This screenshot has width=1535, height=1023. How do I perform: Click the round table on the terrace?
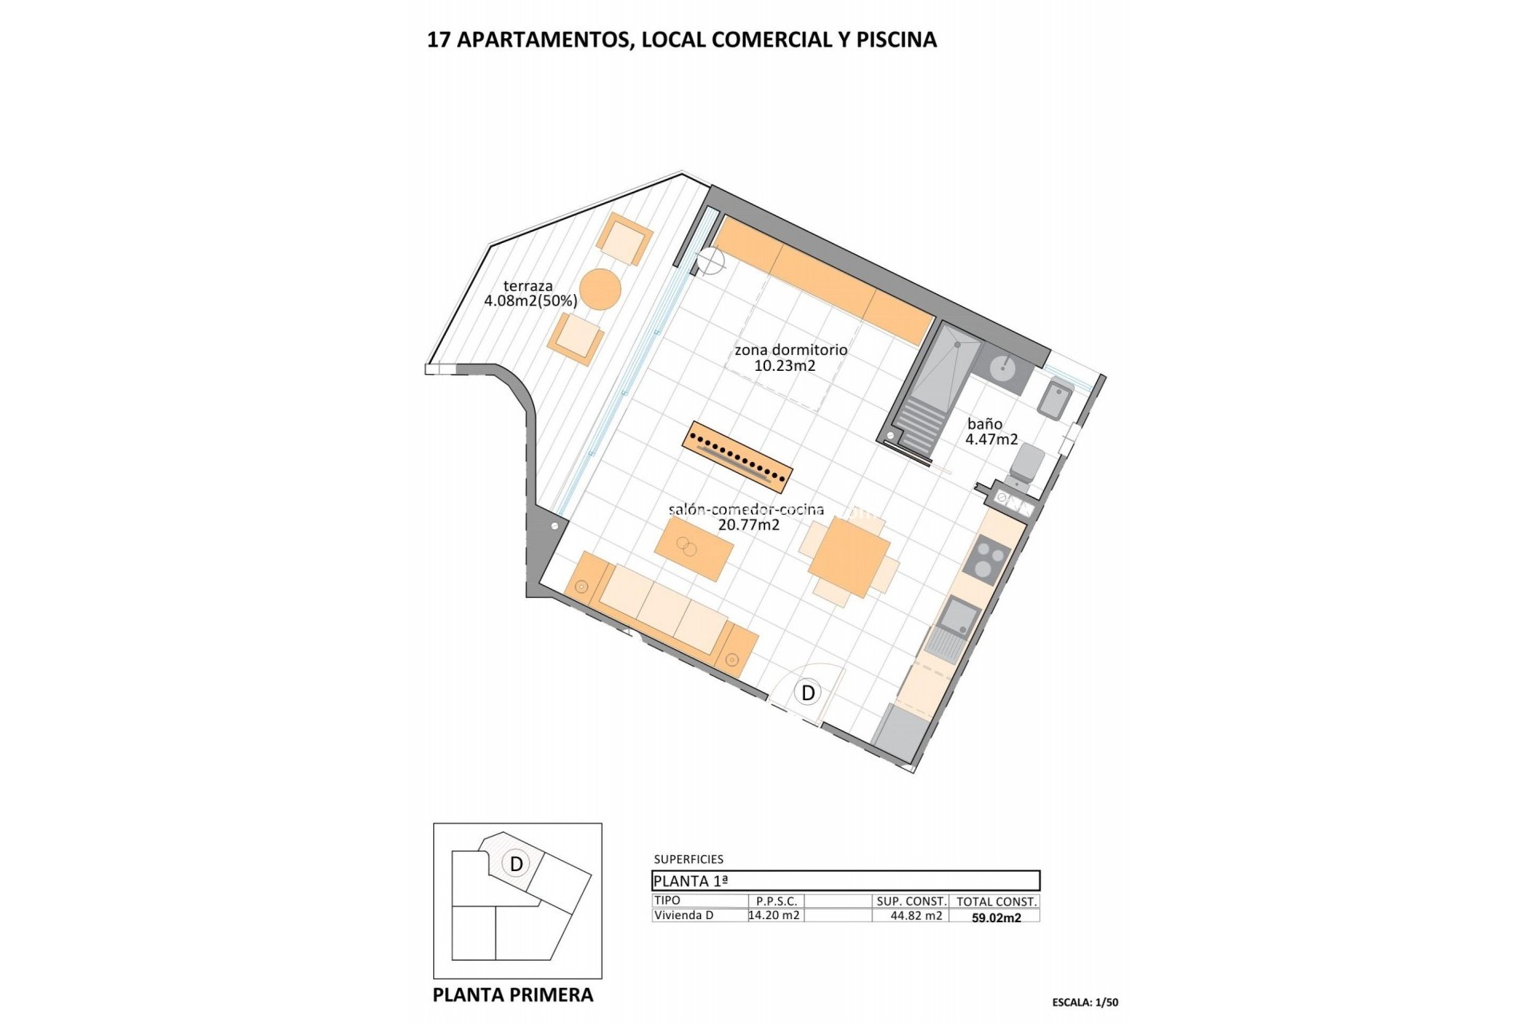(x=600, y=289)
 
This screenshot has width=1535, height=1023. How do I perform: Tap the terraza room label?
(x=528, y=285)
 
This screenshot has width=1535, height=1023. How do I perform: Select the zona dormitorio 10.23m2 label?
(x=790, y=357)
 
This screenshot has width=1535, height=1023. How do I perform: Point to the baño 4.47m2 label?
(x=991, y=432)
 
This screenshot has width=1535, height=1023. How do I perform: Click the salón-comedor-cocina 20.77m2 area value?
(x=748, y=525)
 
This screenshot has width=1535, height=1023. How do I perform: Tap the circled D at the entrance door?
(x=808, y=692)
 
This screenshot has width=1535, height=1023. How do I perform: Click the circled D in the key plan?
(x=516, y=863)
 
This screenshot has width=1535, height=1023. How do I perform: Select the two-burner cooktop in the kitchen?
(x=987, y=558)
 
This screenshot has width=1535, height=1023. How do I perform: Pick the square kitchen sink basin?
(x=959, y=615)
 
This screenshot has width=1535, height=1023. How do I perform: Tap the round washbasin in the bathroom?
(x=1003, y=368)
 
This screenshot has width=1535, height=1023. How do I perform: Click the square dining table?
(x=848, y=557)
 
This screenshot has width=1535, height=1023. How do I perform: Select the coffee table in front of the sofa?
(x=694, y=548)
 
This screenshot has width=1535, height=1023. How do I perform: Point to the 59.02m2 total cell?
(x=996, y=918)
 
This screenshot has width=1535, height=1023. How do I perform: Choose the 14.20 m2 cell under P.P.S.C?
(x=774, y=916)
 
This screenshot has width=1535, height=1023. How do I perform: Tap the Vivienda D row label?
(x=684, y=916)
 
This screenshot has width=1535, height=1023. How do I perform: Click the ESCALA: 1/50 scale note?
(x=1085, y=1002)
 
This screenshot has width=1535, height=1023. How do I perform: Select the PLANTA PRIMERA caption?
(x=512, y=995)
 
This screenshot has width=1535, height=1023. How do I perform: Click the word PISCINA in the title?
(x=896, y=40)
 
